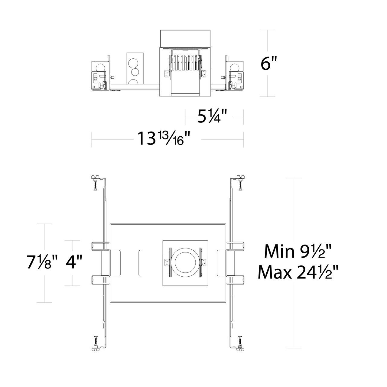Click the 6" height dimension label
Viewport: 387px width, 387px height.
269,63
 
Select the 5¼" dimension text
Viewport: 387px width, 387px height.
212,117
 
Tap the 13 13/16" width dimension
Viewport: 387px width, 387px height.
165,138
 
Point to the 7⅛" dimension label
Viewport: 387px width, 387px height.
42,262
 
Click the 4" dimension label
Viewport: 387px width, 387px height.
74,262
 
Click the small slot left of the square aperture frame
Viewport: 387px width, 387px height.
140,262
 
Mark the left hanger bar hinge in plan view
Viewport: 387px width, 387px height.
105,262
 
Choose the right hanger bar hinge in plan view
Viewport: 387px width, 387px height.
231,262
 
